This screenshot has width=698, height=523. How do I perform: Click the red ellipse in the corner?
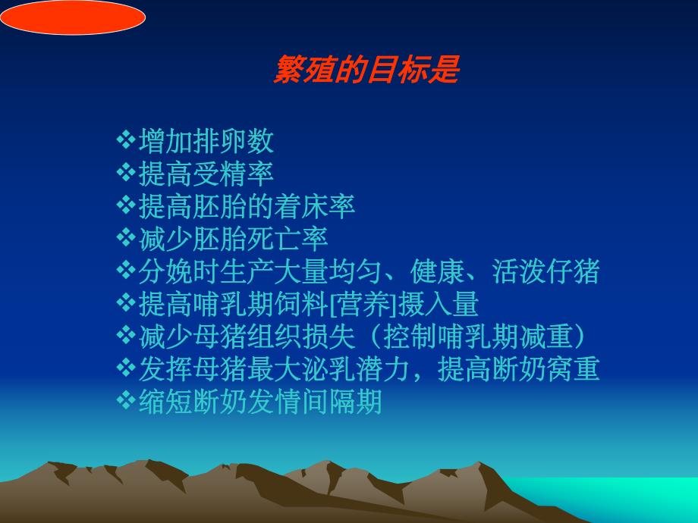click(72, 17)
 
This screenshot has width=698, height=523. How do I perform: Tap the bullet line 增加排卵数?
click(206, 141)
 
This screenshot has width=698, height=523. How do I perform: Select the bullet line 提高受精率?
click(206, 174)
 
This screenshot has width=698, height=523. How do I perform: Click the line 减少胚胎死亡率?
click(233, 239)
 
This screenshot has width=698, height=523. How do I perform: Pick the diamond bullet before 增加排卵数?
click(125, 140)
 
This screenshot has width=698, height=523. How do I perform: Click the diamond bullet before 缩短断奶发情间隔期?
click(125, 401)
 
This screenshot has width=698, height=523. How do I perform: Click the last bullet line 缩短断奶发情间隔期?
click(260, 402)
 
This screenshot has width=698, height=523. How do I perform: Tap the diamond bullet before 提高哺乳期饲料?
click(125, 303)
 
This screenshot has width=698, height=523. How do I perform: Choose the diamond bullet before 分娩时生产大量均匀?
click(125, 271)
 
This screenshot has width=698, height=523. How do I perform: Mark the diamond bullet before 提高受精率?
click(125, 173)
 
